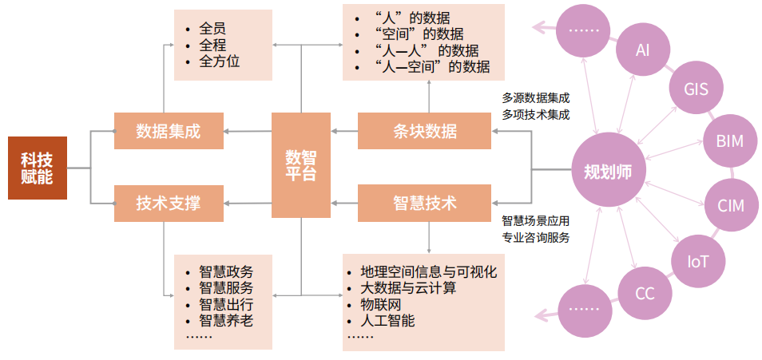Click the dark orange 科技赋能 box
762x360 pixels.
pyautogui.click(x=37, y=168)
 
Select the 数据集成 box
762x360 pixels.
pyautogui.click(x=169, y=131)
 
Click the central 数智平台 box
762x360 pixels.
pyautogui.click(x=301, y=166)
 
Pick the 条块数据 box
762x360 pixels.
pyautogui.click(x=424, y=131)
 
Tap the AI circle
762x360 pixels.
pyautogui.click(x=643, y=49)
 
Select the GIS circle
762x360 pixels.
pyautogui.click(x=697, y=89)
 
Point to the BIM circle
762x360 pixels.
pyautogui.click(x=728, y=141)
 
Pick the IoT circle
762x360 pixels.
pyautogui.click(x=697, y=260)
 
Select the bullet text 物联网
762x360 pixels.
pyautogui.click(x=382, y=304)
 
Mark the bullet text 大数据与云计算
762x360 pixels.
pyautogui.click(x=408, y=287)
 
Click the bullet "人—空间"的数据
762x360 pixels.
pyautogui.click(x=431, y=67)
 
